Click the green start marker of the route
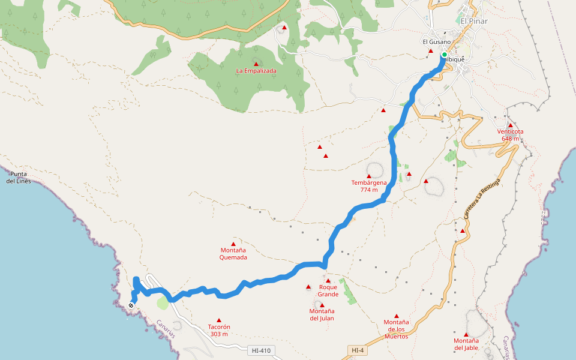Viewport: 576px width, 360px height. pos(444,55)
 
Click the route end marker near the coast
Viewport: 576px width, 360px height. pos(131,305)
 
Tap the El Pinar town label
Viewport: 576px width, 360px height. pos(474,21)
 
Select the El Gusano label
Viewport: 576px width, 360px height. pos(436,42)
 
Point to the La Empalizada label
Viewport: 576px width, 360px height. pos(256,71)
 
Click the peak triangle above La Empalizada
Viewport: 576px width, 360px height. pos(256,64)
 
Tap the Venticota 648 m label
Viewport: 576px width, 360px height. pos(510,135)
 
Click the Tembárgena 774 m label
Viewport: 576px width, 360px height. pos(369,186)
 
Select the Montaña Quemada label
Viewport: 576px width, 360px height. pos(233,254)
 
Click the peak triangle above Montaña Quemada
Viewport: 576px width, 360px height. pos(233,244)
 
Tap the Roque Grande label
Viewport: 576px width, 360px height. pos(328,291)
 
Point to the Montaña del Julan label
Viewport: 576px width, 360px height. pos(322,314)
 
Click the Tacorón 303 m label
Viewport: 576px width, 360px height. pos(219,331)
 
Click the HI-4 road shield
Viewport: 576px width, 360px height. pos(357,350)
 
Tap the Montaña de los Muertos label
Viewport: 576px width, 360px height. pos(396,329)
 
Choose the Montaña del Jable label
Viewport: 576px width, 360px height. pos(466,344)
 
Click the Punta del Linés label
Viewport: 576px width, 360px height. pos(19,178)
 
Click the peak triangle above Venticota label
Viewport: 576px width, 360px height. pos(511,125)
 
